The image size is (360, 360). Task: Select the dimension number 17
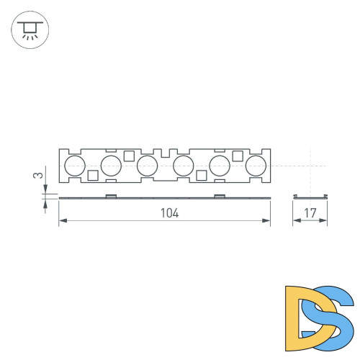[x=311, y=212]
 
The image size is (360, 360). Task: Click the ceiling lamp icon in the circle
[x=29, y=30]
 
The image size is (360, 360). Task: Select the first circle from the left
[x=74, y=166]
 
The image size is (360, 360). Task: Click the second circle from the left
[x=111, y=166]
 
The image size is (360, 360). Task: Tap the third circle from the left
[x=147, y=166]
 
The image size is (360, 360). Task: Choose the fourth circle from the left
[x=183, y=166]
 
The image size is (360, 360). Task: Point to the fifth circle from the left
[x=219, y=166]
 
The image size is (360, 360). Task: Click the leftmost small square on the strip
[x=92, y=176]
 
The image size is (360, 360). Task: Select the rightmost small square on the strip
[x=237, y=156]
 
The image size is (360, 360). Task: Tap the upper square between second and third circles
[x=129, y=156]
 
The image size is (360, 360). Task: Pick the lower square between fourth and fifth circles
[x=201, y=176]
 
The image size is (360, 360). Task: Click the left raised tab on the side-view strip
[x=111, y=195]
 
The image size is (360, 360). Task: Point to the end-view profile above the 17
[x=311, y=195]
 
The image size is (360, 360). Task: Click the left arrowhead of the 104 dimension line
[x=61, y=222]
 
